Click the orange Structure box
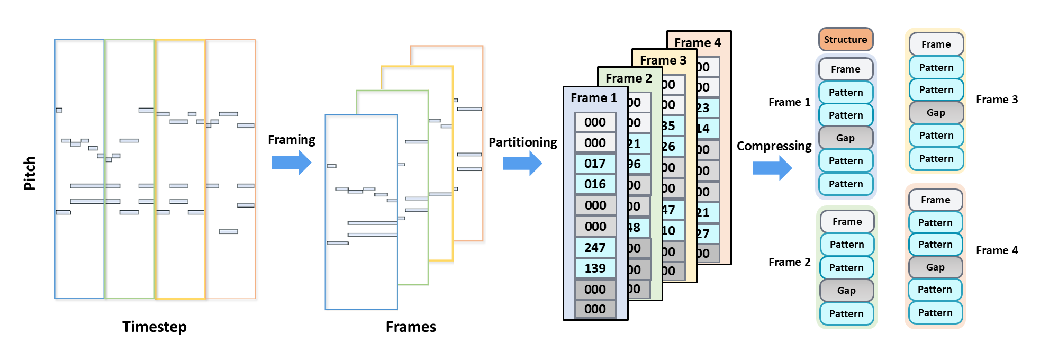845,40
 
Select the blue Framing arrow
292,163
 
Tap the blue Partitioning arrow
522,164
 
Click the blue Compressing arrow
772,168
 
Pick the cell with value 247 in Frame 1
595,248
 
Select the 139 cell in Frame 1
595,268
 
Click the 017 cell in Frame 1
595,164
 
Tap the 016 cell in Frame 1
595,184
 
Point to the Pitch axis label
30,173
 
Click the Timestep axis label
154,327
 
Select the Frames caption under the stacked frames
411,327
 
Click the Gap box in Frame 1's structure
845,138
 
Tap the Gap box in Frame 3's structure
936,113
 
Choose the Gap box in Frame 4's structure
935,267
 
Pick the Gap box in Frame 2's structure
846,290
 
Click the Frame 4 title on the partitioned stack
698,43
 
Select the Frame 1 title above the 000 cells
594,98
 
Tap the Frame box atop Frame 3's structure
936,44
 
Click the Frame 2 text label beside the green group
789,262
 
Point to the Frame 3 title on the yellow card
663,60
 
